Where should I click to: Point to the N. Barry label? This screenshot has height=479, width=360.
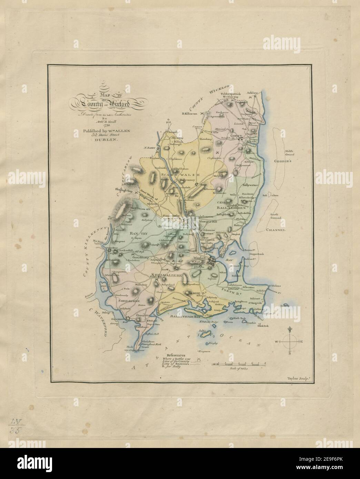point(150,148)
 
